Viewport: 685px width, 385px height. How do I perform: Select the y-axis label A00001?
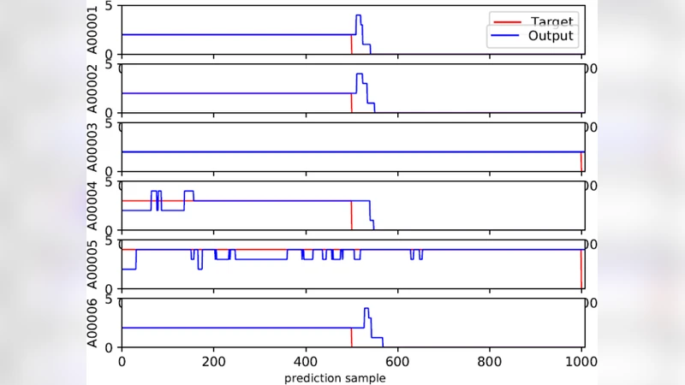(104, 30)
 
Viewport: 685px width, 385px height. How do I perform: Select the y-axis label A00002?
(104, 88)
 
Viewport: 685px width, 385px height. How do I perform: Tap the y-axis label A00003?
(104, 147)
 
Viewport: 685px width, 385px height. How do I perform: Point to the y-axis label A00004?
(104, 205)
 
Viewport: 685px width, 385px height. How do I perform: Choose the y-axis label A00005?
(104, 264)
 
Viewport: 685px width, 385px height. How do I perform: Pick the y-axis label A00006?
(104, 323)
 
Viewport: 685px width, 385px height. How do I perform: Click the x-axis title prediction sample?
(335, 377)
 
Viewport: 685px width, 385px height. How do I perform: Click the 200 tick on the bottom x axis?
(213, 360)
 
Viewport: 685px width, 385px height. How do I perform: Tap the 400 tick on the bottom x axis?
(306, 360)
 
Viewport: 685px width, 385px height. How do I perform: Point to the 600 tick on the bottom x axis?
(398, 360)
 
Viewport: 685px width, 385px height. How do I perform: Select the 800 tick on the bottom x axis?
(490, 360)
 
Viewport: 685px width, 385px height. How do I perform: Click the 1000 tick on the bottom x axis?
(582, 360)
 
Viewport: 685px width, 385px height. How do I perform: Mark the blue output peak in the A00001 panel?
(358, 15)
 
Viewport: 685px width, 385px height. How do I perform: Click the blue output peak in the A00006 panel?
(366, 309)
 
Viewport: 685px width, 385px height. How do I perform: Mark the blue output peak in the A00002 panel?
(360, 74)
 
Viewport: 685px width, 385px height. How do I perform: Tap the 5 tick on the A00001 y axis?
(109, 7)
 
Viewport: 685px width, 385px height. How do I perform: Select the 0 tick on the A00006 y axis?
(109, 346)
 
